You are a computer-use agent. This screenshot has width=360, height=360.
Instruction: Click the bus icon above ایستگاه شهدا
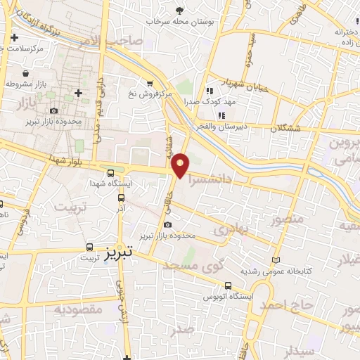pyautogui.click(x=110, y=173)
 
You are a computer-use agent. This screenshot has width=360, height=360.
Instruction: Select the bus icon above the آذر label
pyautogui.click(x=122, y=198)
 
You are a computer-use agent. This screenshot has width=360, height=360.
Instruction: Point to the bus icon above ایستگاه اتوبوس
pyautogui.click(x=228, y=285)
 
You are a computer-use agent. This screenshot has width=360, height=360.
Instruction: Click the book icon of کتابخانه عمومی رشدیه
pyautogui.click(x=276, y=259)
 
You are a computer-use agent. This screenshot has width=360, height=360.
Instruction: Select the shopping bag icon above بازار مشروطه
pyautogui.click(x=26, y=73)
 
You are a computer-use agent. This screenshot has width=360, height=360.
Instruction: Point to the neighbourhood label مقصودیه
pyautogui.click(x=79, y=309)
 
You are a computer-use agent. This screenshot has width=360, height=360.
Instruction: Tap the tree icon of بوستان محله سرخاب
pyautogui.click(x=179, y=10)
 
